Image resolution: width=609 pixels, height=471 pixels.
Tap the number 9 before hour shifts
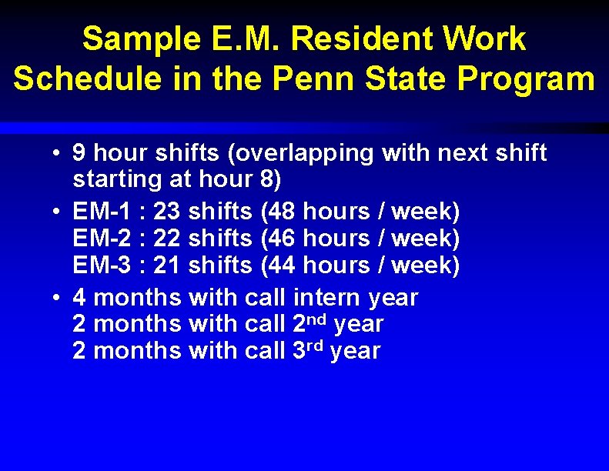click(x=79, y=153)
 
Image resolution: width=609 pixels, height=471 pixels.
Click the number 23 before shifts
click(x=167, y=211)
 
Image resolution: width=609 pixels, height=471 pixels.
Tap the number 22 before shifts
click(x=167, y=239)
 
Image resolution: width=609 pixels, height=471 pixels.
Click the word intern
click(x=327, y=297)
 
